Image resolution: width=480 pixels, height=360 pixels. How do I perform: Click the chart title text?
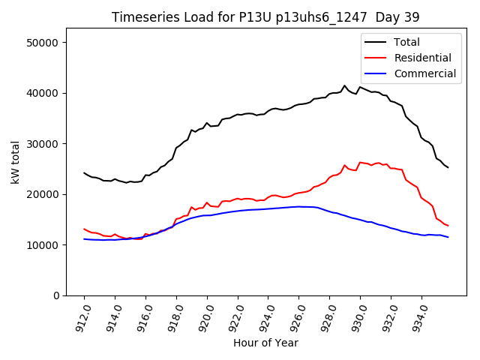pos(265,16)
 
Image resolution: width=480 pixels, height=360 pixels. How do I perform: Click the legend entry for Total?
pos(406,42)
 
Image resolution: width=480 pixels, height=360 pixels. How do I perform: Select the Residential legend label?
pos(422,58)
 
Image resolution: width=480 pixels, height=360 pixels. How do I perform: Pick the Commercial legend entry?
pos(424,73)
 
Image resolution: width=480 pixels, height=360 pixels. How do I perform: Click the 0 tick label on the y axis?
pos(56,295)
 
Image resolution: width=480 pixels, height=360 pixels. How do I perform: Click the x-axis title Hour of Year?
pos(265,343)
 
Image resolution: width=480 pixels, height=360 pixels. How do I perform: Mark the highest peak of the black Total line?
pos(345,85)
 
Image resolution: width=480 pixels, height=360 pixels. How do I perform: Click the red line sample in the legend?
pos(376,58)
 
